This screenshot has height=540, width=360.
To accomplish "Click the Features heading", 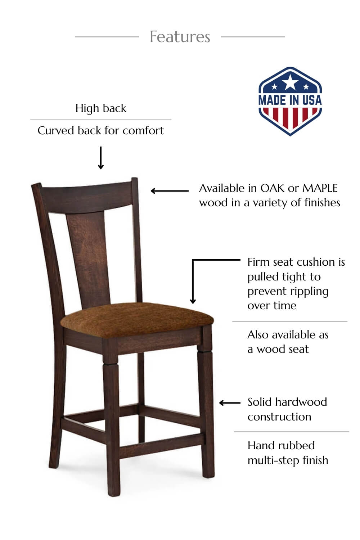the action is tap(180, 37).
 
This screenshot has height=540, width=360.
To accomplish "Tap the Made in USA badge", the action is tap(290, 101).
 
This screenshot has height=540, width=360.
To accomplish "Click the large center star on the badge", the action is tap(290, 82).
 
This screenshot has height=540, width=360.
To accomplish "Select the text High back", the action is tap(101, 108).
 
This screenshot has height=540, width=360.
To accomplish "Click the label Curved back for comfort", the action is tap(101, 131).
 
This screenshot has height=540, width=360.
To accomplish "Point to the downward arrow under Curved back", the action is tap(101, 158).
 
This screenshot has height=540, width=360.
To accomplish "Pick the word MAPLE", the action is tap(320, 188).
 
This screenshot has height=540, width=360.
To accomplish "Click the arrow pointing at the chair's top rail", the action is tap(170, 191).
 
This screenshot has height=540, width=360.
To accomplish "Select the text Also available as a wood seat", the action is tap(288, 342).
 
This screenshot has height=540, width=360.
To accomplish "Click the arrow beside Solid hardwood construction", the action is tap(230, 402).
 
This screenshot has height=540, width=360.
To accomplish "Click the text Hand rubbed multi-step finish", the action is tap(288, 453).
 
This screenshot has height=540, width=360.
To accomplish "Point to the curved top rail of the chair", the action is tap(87, 197).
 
